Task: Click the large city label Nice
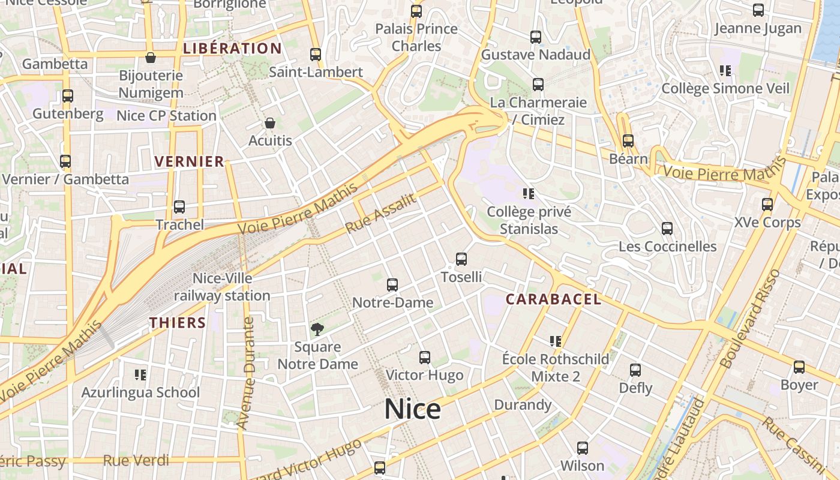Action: click(412, 409)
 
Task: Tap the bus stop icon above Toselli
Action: click(461, 259)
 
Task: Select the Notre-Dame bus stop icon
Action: click(392, 285)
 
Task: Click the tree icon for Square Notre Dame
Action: click(317, 329)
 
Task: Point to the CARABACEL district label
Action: click(553, 299)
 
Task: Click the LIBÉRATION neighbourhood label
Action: click(232, 49)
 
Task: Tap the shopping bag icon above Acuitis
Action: click(270, 123)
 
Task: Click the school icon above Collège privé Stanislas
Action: click(529, 193)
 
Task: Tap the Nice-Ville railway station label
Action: click(222, 287)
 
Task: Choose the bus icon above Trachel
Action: click(179, 207)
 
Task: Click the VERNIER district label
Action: click(189, 161)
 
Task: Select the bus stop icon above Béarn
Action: click(628, 141)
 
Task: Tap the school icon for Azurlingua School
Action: click(140, 375)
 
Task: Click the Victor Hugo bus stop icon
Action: click(425, 358)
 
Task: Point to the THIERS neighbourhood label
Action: click(178, 323)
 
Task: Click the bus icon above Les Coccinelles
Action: click(667, 229)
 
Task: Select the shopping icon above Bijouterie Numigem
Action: click(151, 58)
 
